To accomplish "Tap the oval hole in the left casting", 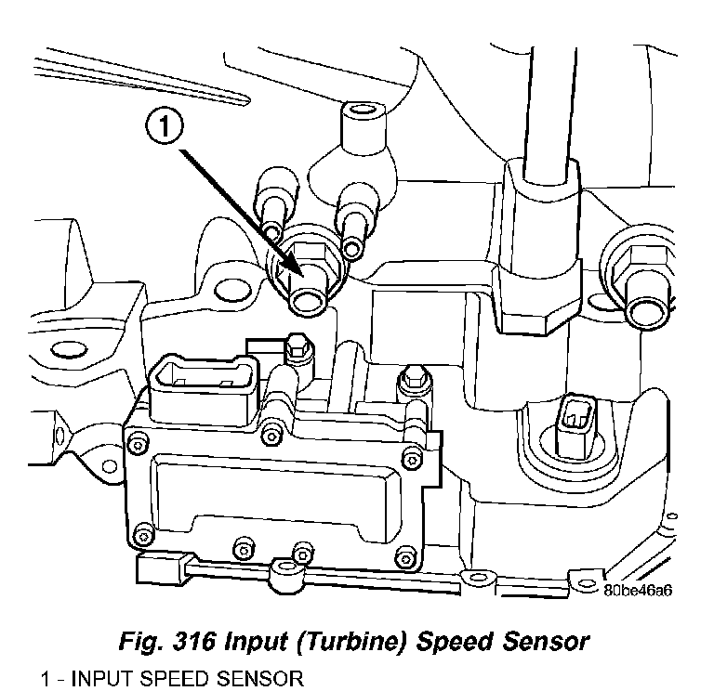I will tap(67, 351).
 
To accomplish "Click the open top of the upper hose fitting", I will tap(361, 113).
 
